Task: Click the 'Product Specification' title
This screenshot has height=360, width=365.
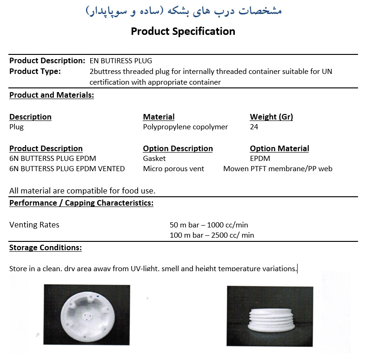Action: tap(183, 32)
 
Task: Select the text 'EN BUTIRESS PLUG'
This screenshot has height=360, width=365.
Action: tap(120, 61)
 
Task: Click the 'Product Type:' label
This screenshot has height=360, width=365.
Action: tap(35, 71)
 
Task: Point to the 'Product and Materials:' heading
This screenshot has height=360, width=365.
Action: tap(52, 95)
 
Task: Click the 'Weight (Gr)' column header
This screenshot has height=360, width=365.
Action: tap(271, 117)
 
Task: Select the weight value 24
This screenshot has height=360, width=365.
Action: tap(254, 127)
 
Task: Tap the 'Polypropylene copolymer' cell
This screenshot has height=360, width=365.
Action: tap(186, 127)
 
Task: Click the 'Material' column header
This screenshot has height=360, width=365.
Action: tap(159, 117)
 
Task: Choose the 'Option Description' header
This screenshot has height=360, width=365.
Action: tap(178, 148)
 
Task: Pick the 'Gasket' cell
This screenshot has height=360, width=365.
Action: tap(154, 159)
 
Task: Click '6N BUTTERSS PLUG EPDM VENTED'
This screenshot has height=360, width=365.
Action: tap(67, 169)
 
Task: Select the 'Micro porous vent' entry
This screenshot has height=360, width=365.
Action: tap(173, 169)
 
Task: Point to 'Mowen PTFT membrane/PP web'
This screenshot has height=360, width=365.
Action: tap(278, 169)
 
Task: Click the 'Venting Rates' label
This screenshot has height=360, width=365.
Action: tap(34, 225)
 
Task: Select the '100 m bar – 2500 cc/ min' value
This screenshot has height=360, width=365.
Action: tap(212, 235)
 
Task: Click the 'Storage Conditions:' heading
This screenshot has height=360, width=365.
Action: tap(46, 247)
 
